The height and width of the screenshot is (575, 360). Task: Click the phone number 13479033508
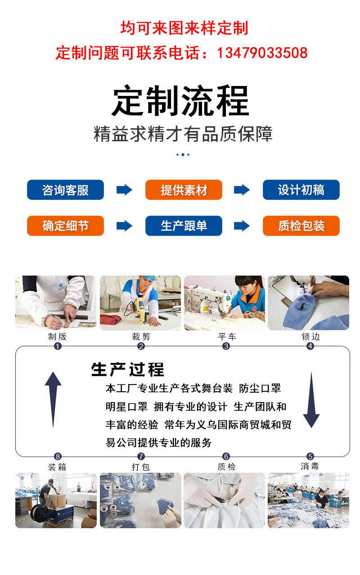pyautogui.click(x=262, y=53)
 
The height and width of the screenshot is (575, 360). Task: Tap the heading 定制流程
pyautogui.click(x=180, y=102)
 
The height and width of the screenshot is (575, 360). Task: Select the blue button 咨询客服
pyautogui.click(x=65, y=190)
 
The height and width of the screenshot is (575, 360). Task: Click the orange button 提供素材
pyautogui.click(x=184, y=190)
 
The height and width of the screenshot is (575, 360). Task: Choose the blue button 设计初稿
pyautogui.click(x=301, y=190)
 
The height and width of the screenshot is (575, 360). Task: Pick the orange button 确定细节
pyautogui.click(x=65, y=226)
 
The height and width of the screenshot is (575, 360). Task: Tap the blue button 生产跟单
pyautogui.click(x=184, y=226)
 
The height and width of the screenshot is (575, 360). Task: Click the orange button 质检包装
pyautogui.click(x=301, y=226)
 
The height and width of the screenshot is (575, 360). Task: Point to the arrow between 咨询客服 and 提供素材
pyautogui.click(x=124, y=190)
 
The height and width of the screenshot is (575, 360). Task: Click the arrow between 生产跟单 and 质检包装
pyautogui.click(x=242, y=226)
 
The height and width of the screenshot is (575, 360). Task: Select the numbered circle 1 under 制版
pyautogui.click(x=57, y=346)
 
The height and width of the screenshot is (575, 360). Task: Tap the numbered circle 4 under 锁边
pyautogui.click(x=310, y=346)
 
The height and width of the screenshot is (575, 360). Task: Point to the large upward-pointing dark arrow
pyautogui.click(x=53, y=399)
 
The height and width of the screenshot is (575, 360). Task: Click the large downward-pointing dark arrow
pyautogui.click(x=311, y=399)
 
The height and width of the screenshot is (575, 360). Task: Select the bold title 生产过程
pyautogui.click(x=128, y=369)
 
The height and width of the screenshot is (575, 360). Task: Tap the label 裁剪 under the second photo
pyautogui.click(x=141, y=336)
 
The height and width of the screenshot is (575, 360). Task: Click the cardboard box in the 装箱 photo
pyautogui.click(x=54, y=500)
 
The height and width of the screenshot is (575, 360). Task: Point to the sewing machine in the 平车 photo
pyautogui.click(x=207, y=299)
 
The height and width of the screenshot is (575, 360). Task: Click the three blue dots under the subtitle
pyautogui.click(x=182, y=155)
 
